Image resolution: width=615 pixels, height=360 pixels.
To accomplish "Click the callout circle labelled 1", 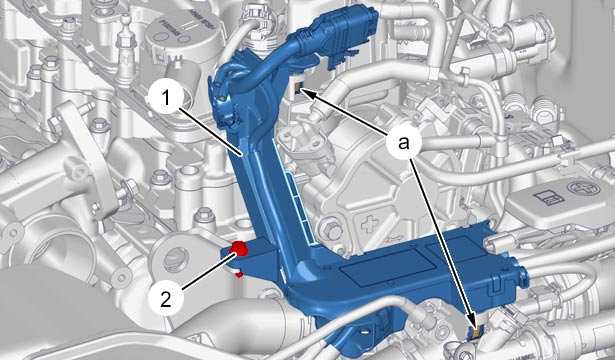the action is (x=166, y=98).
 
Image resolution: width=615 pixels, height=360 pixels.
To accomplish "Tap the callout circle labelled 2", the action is (x=166, y=300).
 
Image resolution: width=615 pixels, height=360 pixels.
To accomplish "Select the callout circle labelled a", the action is (x=404, y=143).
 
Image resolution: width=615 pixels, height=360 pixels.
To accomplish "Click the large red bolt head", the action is (x=238, y=248).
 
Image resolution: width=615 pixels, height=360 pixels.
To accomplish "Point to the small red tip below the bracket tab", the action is (x=238, y=275).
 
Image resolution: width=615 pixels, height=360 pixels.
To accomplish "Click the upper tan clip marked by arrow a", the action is (x=297, y=87).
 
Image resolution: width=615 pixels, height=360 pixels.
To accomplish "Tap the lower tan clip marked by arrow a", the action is (x=476, y=331).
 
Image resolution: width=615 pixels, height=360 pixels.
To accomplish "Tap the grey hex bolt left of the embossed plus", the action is (x=330, y=229).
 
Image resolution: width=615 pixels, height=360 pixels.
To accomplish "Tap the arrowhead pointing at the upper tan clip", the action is (x=307, y=93).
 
